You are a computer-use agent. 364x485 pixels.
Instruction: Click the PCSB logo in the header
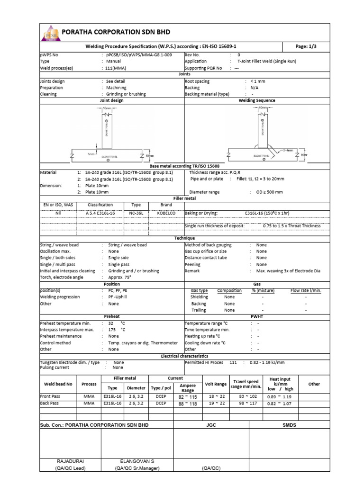click(51, 33)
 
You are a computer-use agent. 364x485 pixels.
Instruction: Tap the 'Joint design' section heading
click(111, 100)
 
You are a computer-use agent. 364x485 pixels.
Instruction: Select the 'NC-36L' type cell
click(136, 213)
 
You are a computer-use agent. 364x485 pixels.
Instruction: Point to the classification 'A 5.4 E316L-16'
click(100, 213)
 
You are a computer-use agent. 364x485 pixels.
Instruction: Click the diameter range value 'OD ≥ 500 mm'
click(266, 192)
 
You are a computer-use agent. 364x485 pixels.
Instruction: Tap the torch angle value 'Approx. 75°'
click(122, 278)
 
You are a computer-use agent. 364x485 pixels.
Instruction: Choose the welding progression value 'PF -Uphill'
click(121, 297)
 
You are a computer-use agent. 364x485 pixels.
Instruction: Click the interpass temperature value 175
click(112, 330)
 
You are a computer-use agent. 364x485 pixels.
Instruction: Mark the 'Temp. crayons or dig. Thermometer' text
click(143, 342)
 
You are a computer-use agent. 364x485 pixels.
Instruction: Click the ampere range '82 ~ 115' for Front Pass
click(188, 396)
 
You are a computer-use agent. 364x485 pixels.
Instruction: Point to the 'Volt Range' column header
click(215, 384)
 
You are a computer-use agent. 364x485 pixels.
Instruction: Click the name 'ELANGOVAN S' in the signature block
click(137, 460)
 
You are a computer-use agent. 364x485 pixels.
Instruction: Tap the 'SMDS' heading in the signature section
click(289, 425)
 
